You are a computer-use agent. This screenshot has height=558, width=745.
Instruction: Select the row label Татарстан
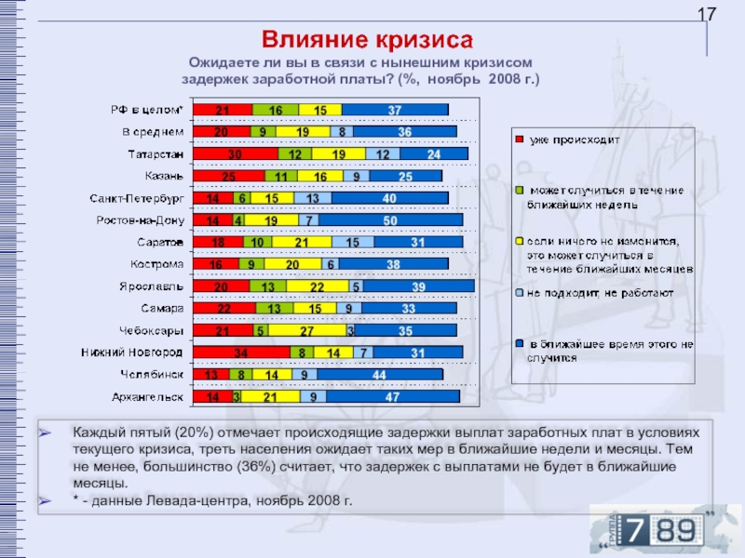coord(156,153)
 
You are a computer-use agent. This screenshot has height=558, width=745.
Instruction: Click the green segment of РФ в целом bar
coord(276,110)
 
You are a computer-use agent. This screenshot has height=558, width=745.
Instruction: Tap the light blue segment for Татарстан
coord(383,153)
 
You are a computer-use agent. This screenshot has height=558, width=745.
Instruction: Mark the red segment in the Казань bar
coord(228,176)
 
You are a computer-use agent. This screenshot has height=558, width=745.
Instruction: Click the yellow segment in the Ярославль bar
coord(318,286)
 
